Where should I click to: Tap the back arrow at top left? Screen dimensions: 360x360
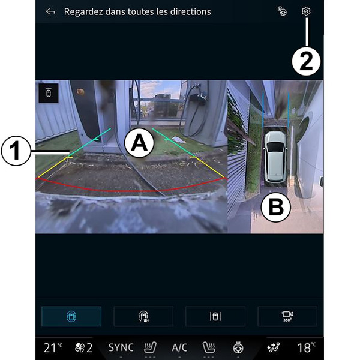50,11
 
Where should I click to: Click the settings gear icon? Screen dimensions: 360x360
306,11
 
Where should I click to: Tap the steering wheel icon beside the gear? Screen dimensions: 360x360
283,11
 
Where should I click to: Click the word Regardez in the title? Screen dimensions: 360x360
83,12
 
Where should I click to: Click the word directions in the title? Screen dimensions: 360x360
191,11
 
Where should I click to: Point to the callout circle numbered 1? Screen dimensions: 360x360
16,151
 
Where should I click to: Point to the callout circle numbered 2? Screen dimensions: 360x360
306,61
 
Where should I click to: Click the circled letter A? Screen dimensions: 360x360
139,143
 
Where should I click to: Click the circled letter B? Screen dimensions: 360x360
276,207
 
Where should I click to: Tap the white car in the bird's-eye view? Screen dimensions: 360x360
275,157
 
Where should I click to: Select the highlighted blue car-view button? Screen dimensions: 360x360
71,316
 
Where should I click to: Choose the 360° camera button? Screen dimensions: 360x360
287,316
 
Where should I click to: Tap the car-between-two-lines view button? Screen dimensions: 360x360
215,316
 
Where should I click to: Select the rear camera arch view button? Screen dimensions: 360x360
143,316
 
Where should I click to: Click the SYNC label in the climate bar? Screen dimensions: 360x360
121,347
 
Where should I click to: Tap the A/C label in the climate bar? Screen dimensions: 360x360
179,347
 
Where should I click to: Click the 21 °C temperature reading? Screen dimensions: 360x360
53,347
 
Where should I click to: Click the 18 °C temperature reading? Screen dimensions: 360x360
307,347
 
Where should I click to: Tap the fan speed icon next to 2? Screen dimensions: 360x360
80,348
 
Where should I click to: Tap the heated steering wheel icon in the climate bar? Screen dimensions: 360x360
238,347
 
